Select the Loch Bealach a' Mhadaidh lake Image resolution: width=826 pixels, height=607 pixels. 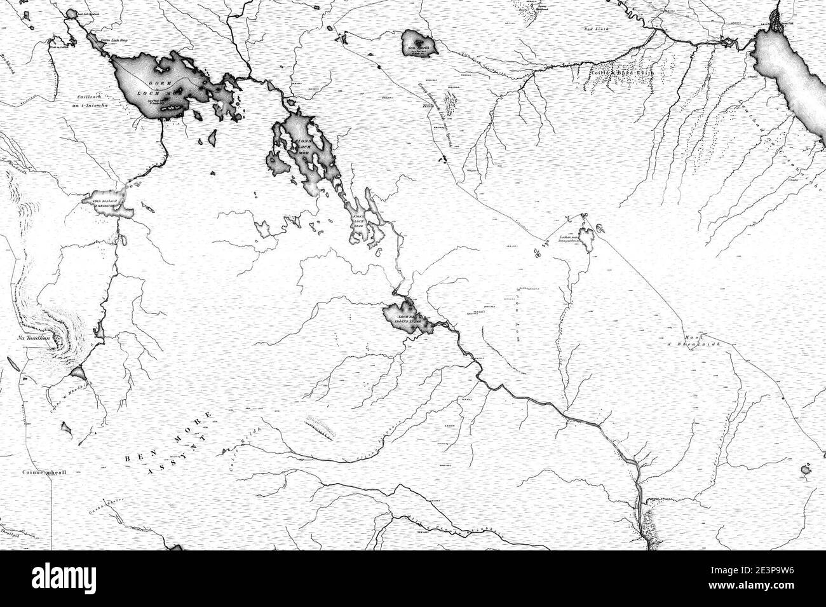[108, 203]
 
